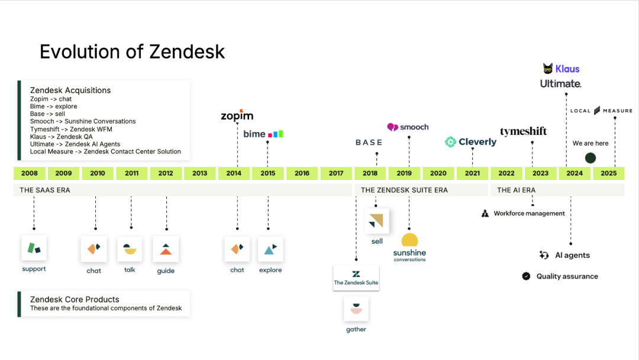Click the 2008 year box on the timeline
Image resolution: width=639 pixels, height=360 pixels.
[x=30, y=173]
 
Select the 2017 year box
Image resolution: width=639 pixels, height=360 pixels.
[x=336, y=173]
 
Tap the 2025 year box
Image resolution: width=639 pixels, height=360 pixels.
[x=608, y=173]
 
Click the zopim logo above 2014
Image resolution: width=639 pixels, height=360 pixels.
[x=237, y=116]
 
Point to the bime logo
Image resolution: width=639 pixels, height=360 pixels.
[x=263, y=134]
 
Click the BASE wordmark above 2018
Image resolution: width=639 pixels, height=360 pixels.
[x=369, y=143]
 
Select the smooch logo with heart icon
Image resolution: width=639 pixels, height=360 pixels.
[x=408, y=127]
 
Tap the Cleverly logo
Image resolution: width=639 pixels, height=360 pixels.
[x=471, y=142]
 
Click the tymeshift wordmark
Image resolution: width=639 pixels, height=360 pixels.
[x=524, y=131]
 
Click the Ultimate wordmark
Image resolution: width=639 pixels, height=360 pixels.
[x=561, y=84]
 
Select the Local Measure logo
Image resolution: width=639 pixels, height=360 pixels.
[x=601, y=111]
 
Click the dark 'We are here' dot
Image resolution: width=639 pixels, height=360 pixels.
[x=590, y=158]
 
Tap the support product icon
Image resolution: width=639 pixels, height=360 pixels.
[x=34, y=248]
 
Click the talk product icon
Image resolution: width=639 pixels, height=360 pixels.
[x=130, y=249]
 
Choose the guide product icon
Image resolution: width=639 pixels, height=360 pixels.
[x=166, y=249]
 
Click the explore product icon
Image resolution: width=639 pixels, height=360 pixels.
[x=270, y=249]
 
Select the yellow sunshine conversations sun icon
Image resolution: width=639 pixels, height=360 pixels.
[x=409, y=240]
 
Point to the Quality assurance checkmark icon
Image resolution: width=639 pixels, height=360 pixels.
[x=526, y=276]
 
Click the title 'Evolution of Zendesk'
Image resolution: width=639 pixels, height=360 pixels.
[x=133, y=52]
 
